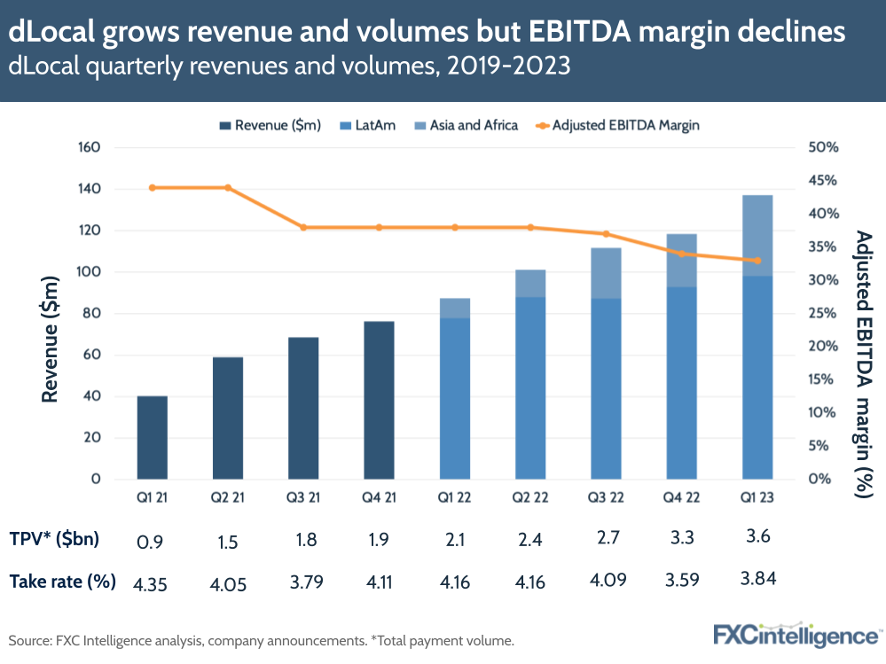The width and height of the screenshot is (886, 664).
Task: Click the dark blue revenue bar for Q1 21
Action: (152, 437)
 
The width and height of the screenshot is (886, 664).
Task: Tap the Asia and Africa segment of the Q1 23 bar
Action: (757, 235)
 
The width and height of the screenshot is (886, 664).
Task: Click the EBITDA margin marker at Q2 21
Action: (228, 188)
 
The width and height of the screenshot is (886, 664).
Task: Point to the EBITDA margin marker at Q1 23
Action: (757, 261)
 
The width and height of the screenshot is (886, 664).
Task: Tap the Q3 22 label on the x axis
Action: (606, 498)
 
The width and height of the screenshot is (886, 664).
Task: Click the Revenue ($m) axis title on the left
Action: (51, 340)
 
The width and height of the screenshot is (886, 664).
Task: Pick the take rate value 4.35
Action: (152, 583)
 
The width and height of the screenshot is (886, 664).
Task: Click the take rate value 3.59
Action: (681, 583)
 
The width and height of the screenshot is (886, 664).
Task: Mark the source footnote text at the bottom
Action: (261, 639)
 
